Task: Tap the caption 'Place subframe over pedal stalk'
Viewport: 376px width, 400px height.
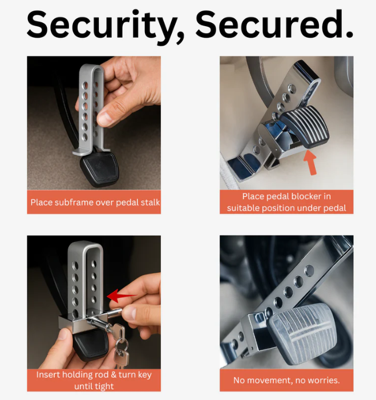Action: [94, 202]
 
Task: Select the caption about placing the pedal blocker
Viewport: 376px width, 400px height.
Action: [286, 202]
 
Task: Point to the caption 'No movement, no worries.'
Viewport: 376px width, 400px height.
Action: [286, 380]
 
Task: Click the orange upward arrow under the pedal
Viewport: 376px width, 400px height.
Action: [310, 163]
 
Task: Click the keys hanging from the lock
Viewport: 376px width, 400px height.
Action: [121, 346]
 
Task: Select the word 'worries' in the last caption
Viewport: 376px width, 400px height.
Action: [323, 380]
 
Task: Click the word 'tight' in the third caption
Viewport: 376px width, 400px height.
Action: [103, 386]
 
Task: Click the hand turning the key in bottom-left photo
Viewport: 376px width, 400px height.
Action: [143, 302]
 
